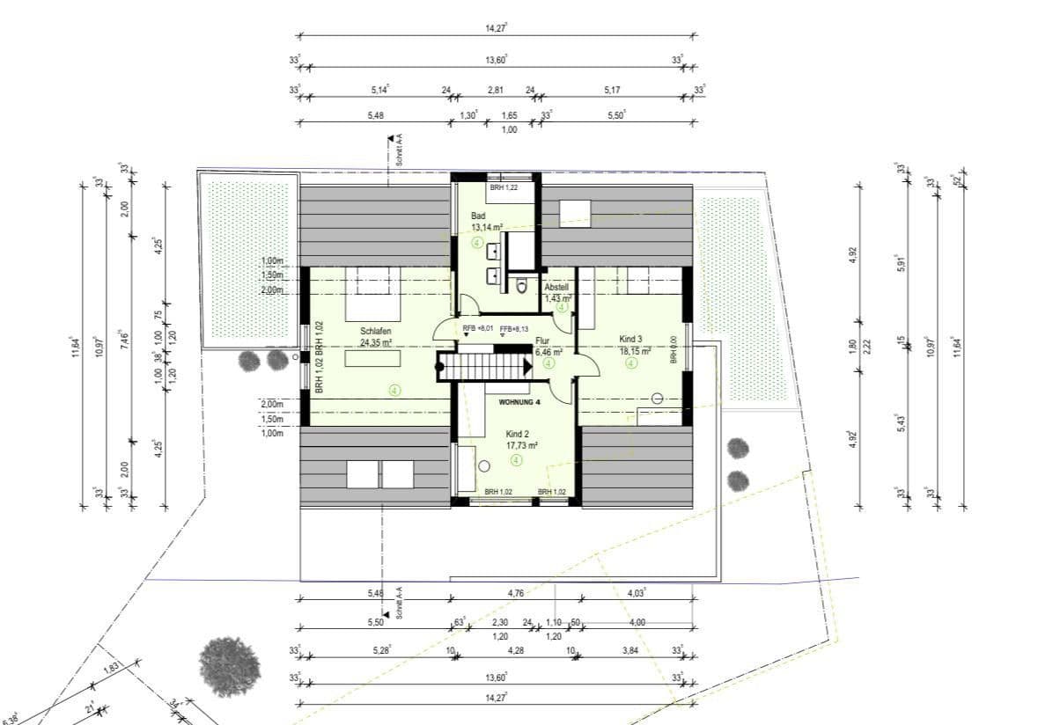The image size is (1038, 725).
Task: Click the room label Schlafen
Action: coord(375,331)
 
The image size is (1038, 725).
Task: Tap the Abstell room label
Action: coord(556,288)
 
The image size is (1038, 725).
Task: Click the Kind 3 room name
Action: coord(631,339)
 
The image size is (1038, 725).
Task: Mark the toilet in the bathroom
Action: coord(523,284)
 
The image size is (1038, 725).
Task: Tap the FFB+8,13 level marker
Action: coord(517,329)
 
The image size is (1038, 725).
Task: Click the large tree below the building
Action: coord(230,664)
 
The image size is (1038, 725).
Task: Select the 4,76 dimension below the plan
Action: coord(516,593)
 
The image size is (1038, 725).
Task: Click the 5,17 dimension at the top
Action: coord(613,90)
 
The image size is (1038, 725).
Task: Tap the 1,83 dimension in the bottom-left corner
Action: coord(111,669)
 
